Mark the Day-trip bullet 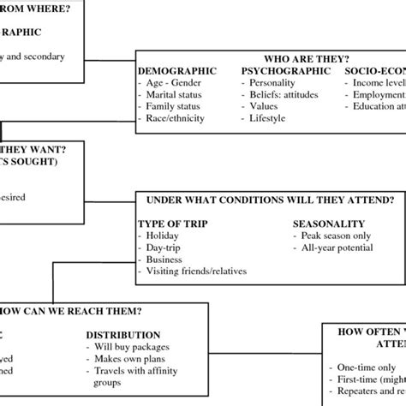point(165,248)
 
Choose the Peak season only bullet point(336,236)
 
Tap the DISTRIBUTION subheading point(122,335)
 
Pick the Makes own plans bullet point(129,359)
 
